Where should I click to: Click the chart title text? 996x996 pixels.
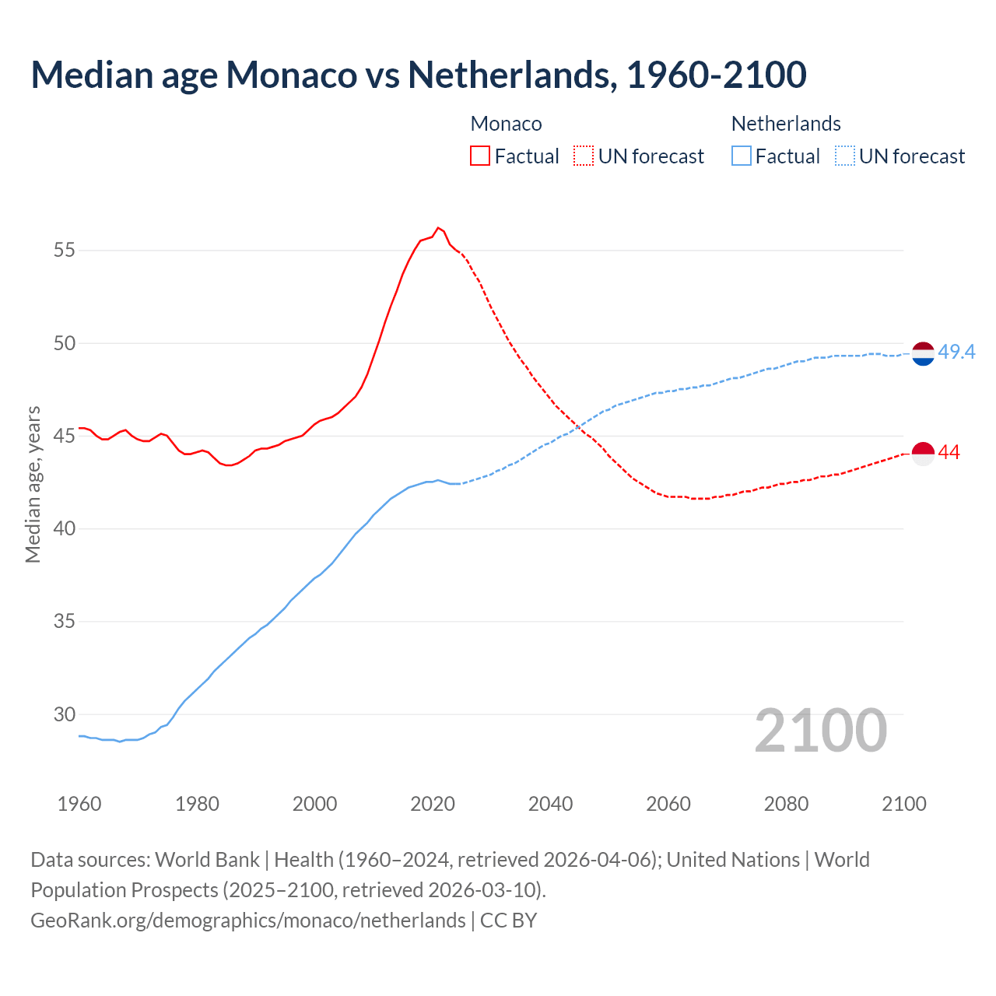pyautogui.click(x=418, y=75)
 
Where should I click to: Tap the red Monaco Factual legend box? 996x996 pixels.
pyautogui.click(x=480, y=156)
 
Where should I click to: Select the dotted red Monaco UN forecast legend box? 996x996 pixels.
pyautogui.click(x=584, y=156)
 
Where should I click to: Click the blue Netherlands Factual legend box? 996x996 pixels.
pyautogui.click(x=742, y=156)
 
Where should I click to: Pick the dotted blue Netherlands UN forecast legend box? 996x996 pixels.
pyautogui.click(x=844, y=156)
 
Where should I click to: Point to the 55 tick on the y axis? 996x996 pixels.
pyautogui.click(x=65, y=251)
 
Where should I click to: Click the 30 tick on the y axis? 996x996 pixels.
pyautogui.click(x=65, y=714)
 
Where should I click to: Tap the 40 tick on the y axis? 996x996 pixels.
pyautogui.click(x=65, y=529)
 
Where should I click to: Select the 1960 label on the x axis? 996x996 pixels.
pyautogui.click(x=79, y=804)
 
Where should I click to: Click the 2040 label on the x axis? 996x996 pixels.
pyautogui.click(x=550, y=804)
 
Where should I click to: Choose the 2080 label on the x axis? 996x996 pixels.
pyautogui.click(x=786, y=804)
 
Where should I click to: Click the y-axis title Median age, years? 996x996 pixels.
pyautogui.click(x=33, y=484)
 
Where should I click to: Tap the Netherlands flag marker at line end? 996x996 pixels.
pyautogui.click(x=923, y=353)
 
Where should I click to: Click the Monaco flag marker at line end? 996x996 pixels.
pyautogui.click(x=923, y=453)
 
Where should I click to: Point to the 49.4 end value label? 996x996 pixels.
pyautogui.click(x=956, y=352)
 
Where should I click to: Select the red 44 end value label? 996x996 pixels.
pyautogui.click(x=949, y=453)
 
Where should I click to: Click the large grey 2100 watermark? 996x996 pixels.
pyautogui.click(x=820, y=730)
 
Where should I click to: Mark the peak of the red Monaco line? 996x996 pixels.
pyautogui.click(x=438, y=228)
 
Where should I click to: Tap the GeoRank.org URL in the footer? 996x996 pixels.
pyautogui.click(x=248, y=921)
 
